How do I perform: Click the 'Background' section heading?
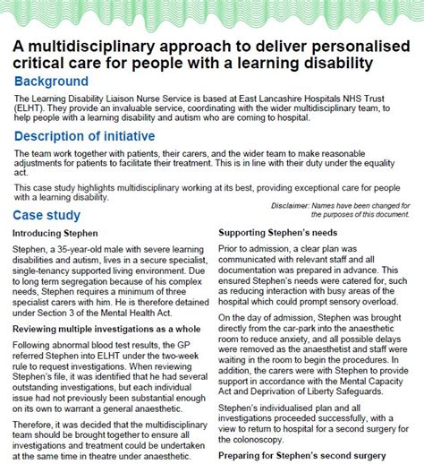(x=51, y=82)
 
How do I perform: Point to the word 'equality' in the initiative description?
(x=385, y=166)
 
